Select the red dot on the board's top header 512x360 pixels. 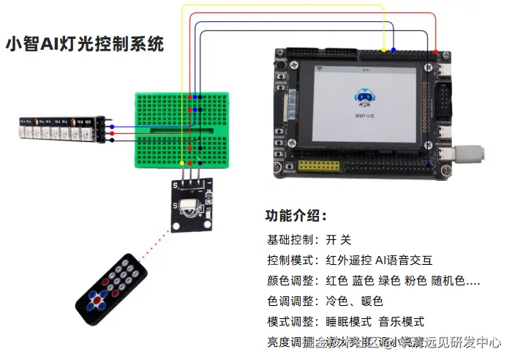437,52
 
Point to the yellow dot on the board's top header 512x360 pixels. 384,52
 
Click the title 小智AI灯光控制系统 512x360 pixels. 84,44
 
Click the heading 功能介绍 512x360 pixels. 295,217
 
